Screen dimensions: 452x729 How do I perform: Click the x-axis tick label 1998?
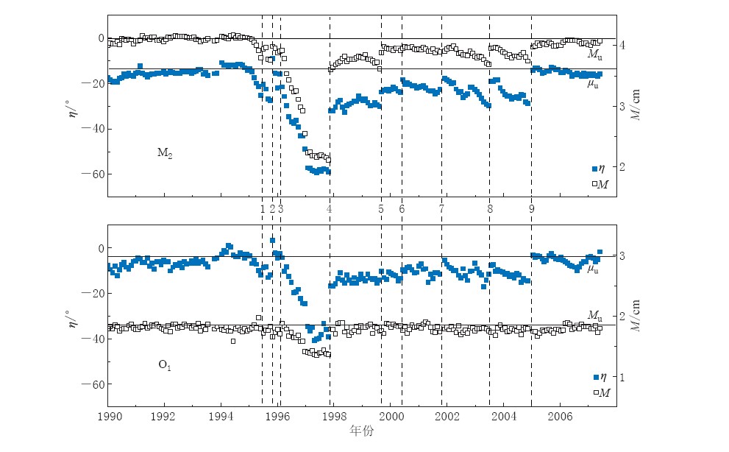click(x=333, y=416)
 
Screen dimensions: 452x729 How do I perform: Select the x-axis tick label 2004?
click(x=504, y=416)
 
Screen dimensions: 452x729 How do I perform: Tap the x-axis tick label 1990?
click(x=108, y=416)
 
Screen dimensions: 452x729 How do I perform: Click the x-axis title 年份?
click(x=361, y=431)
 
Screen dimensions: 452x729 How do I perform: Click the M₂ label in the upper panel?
click(x=164, y=153)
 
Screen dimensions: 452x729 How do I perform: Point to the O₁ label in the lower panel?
click(x=165, y=364)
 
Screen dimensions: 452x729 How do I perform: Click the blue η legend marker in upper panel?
click(x=595, y=169)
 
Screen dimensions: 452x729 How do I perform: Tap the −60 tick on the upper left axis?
click(x=96, y=174)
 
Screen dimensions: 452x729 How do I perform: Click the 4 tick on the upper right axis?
click(x=622, y=45)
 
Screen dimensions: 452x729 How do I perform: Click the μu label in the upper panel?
click(x=592, y=84)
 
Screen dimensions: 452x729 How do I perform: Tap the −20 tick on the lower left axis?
click(x=96, y=294)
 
